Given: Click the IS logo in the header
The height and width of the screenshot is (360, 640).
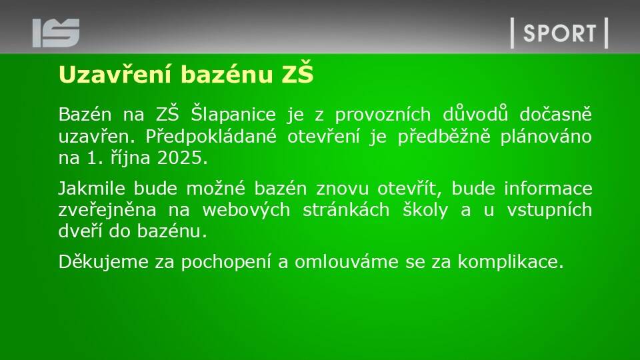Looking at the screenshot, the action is click(56, 33).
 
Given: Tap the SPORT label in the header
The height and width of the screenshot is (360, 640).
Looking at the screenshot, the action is click(559, 33).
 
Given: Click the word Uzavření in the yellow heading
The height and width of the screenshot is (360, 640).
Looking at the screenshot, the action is click(115, 74).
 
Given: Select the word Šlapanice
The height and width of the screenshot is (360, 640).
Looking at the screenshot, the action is click(233, 114).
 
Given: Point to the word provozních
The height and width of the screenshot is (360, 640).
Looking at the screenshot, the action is click(383, 115).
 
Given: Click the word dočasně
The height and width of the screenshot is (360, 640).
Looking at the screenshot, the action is click(555, 114).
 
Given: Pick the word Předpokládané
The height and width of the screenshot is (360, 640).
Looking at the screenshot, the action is click(211, 136).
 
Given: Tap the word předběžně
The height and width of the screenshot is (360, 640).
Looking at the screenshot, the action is click(444, 136).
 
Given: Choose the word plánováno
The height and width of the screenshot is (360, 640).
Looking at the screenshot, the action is click(546, 136).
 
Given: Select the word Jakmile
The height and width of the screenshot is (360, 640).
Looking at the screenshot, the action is click(92, 189).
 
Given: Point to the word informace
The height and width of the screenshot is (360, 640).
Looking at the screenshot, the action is click(548, 188).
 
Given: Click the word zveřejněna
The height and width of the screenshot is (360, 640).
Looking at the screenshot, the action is click(107, 210).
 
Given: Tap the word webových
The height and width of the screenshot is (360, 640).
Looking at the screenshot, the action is click(246, 210).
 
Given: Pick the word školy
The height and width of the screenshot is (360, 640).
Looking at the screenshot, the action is click(425, 209).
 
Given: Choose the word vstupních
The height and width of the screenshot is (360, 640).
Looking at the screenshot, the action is click(549, 210).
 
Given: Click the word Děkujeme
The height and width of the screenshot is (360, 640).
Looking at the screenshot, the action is click(104, 261).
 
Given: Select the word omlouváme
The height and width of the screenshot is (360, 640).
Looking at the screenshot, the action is click(347, 261).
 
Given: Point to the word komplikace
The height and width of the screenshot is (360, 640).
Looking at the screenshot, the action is click(511, 261).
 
